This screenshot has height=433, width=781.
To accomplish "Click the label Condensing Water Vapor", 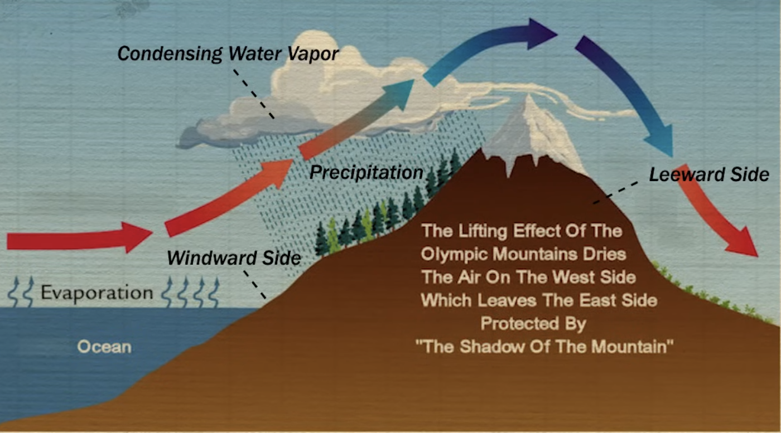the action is (x=228, y=54).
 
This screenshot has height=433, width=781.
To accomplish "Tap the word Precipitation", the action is (x=367, y=172).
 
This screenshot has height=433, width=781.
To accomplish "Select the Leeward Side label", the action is (x=709, y=174).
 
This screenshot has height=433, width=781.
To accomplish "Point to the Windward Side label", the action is (x=234, y=258).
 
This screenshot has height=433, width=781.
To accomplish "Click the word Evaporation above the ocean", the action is (x=97, y=293).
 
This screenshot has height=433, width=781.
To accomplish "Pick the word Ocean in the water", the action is (x=104, y=347).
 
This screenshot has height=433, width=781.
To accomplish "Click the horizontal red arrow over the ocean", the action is (x=78, y=240).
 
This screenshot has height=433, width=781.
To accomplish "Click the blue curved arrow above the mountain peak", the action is (x=491, y=47).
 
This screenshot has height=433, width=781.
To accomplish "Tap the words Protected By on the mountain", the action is (x=533, y=323).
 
